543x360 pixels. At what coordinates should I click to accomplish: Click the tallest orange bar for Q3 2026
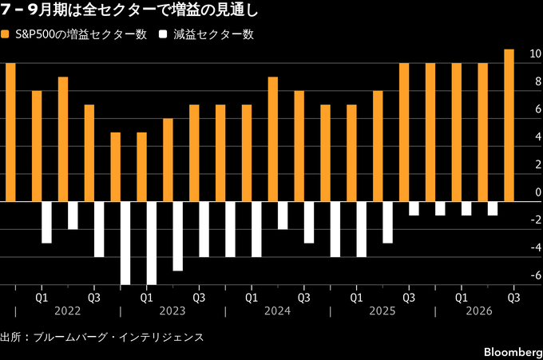(x=509, y=125)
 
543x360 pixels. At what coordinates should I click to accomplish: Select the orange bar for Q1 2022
(x=37, y=146)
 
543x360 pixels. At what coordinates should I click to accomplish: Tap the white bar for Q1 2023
(x=152, y=243)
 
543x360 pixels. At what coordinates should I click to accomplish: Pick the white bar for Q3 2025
(x=414, y=208)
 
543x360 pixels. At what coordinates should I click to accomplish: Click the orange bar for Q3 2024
(x=299, y=146)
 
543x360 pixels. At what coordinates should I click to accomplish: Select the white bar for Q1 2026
(x=466, y=208)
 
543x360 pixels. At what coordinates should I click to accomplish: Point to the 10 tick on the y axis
(x=535, y=53)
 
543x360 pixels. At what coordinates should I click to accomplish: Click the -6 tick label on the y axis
(x=536, y=275)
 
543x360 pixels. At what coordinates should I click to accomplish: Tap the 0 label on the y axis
(x=538, y=192)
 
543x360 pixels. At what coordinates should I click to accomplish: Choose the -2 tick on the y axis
(x=536, y=220)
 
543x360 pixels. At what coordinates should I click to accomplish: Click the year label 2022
(x=68, y=311)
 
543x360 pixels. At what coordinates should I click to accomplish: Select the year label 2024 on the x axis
(x=277, y=311)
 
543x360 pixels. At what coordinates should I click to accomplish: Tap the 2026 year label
(x=479, y=311)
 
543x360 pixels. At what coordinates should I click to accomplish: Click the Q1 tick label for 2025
(x=356, y=298)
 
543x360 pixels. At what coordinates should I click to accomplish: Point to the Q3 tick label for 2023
(x=199, y=298)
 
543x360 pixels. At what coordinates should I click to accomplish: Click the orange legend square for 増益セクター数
(x=5, y=34)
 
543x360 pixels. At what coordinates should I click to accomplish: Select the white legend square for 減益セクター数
(x=163, y=34)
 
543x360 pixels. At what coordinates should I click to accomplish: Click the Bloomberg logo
(x=513, y=352)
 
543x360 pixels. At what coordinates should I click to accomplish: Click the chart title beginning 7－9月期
(x=129, y=10)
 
